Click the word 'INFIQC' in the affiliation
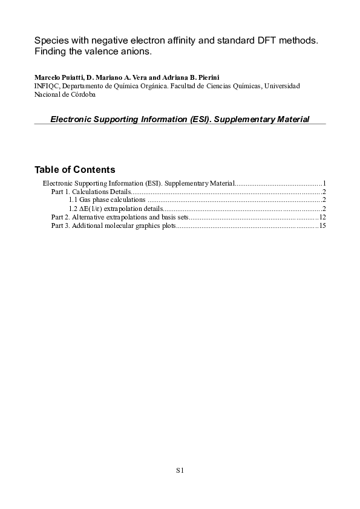(47, 86)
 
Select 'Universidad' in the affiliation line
(283, 86)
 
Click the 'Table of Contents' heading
(74, 169)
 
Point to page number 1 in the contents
(324, 183)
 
